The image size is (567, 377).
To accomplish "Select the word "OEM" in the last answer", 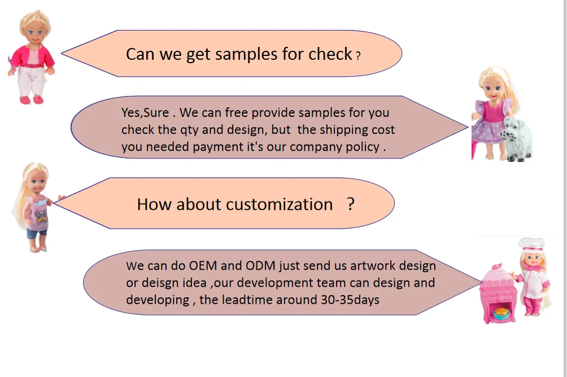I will [203, 265].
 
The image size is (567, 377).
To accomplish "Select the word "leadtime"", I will [246, 300].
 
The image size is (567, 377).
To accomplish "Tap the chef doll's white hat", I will [531, 244].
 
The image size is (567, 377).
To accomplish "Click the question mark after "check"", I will [358, 56].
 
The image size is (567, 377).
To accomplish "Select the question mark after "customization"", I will [351, 204].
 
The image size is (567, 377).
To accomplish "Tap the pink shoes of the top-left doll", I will [32, 99].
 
